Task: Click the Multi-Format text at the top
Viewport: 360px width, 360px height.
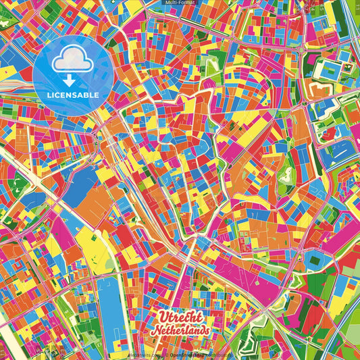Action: (180, 3)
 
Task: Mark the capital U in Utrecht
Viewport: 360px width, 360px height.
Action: (163, 317)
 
